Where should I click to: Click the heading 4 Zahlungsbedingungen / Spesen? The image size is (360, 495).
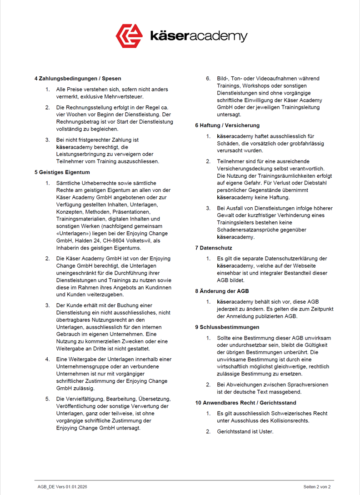point(78,78)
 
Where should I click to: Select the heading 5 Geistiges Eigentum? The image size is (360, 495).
point(62,172)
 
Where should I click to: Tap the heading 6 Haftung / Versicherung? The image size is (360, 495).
point(227,125)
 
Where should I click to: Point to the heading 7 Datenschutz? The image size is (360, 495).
point(214,248)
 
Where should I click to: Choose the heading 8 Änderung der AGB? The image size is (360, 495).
point(222,291)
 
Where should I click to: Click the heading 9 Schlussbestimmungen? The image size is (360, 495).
point(227,327)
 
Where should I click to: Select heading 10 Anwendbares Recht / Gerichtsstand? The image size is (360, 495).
point(245,403)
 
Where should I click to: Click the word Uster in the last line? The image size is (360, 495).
point(265,431)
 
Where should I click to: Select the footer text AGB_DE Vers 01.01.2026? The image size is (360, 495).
point(62,487)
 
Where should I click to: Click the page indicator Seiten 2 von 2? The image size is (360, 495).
point(317,487)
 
